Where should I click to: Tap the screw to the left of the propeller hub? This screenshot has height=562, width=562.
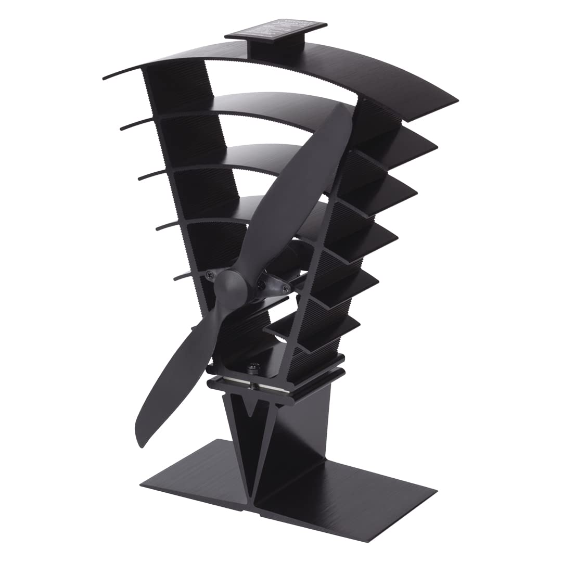209,274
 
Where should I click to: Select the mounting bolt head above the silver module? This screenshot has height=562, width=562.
253,367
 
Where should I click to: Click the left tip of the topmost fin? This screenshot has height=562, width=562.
107,78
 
